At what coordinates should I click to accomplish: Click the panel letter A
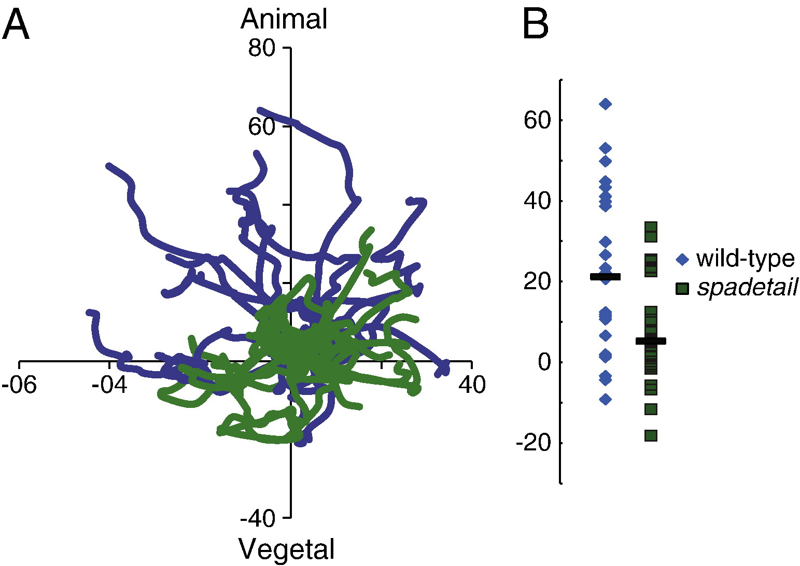(x=16, y=26)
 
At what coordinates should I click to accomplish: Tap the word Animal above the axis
(x=284, y=20)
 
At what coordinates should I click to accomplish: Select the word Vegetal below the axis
(x=286, y=549)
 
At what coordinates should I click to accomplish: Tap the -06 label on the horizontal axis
(x=19, y=385)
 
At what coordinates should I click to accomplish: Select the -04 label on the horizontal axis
(x=109, y=385)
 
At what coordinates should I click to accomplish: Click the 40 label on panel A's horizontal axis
(x=472, y=385)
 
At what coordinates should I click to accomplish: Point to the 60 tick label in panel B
(x=537, y=120)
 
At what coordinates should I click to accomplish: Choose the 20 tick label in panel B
(x=537, y=281)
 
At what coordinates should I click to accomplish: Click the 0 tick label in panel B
(x=543, y=362)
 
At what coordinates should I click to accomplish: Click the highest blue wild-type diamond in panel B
(x=605, y=104)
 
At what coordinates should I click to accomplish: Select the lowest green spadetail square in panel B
(x=651, y=435)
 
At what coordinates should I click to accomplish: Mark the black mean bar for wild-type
(x=605, y=277)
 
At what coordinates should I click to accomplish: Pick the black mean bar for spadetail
(x=651, y=341)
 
